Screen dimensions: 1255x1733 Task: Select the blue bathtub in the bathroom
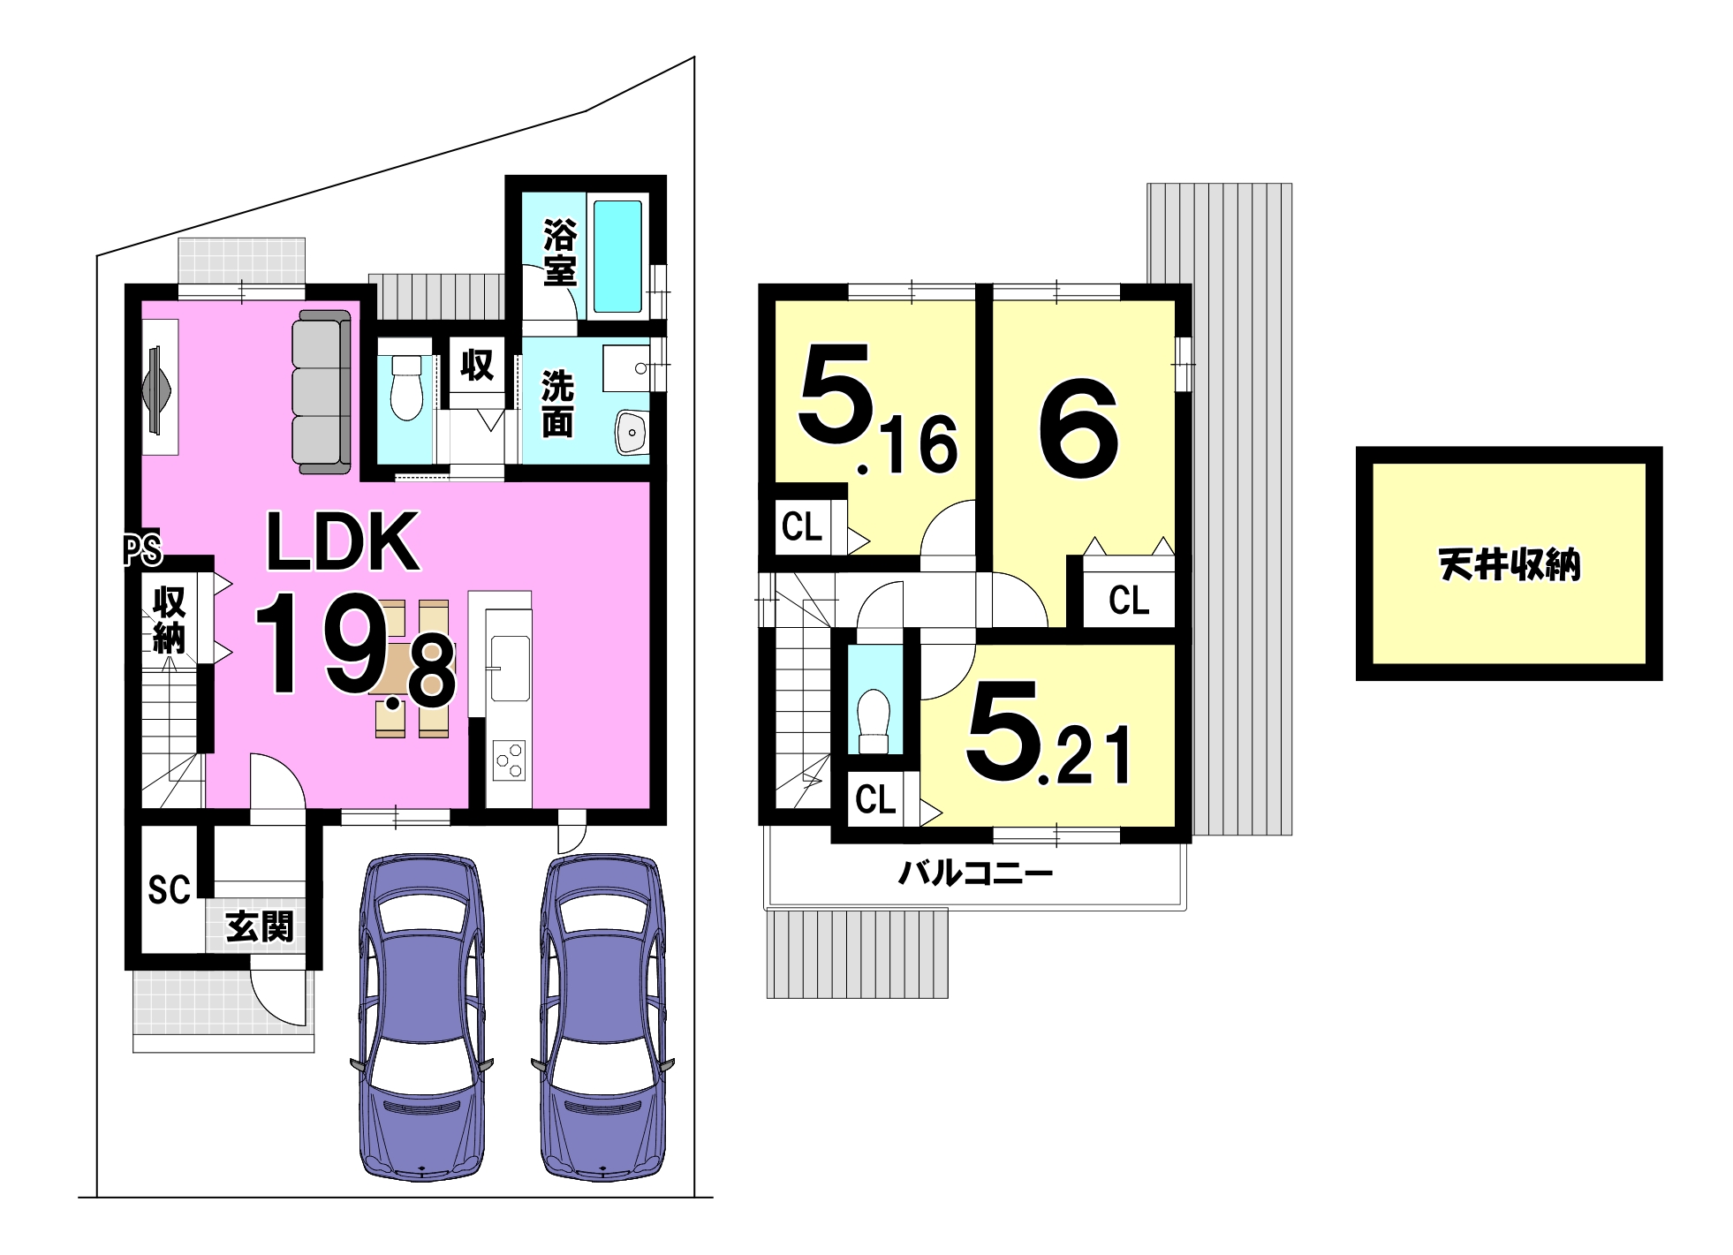point(617,256)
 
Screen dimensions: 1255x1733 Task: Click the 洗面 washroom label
point(557,404)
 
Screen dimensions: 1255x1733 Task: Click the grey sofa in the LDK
point(322,391)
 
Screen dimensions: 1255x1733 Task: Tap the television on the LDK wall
point(155,389)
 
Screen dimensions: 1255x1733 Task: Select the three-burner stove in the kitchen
point(509,761)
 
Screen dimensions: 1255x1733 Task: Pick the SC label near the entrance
point(169,889)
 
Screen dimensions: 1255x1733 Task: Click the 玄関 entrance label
point(260,926)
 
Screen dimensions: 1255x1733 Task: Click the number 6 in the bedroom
point(1078,429)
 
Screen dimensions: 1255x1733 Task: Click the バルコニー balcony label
point(975,874)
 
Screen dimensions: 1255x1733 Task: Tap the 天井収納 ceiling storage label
point(1509,564)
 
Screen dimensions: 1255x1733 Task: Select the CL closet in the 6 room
point(1129,601)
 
